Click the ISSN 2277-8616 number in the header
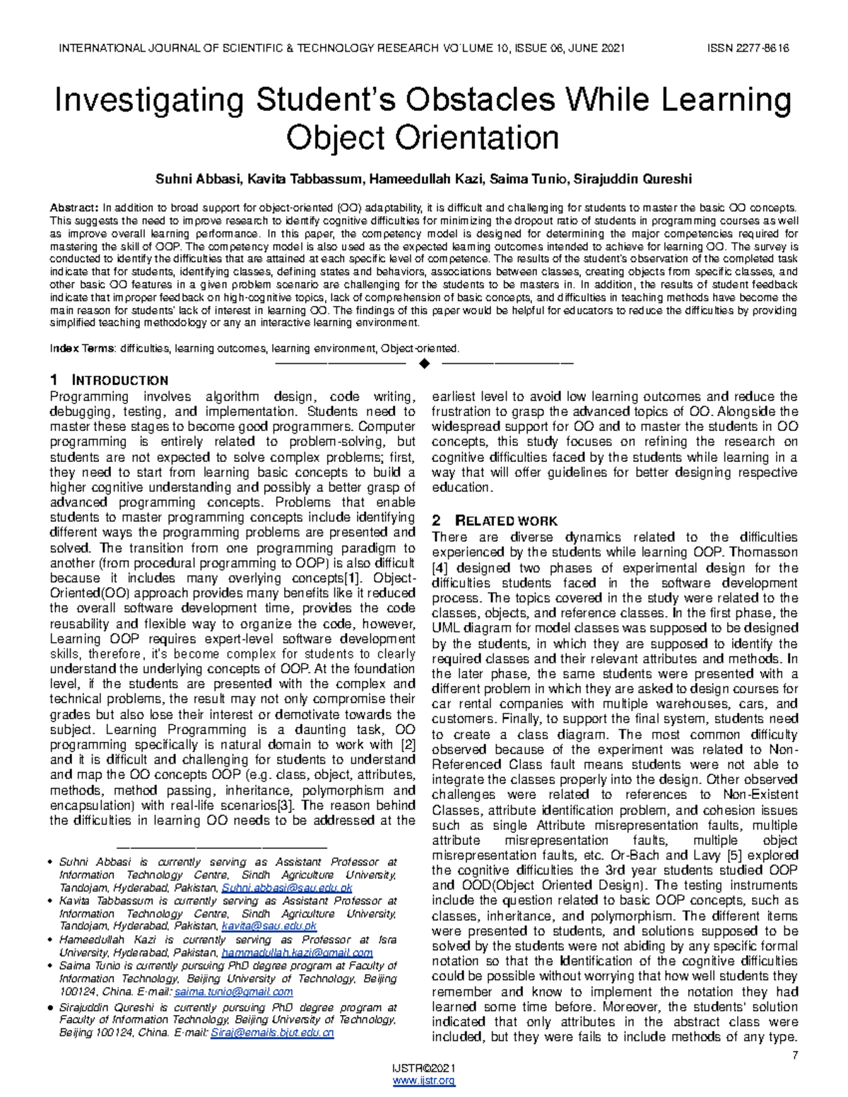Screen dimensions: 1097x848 coord(748,48)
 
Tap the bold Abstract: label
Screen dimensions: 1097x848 coord(74,208)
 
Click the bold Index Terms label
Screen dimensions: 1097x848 coord(81,348)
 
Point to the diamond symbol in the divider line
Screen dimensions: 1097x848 coord(424,364)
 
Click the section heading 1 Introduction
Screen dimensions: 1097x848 coord(109,381)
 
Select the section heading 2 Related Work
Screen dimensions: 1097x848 coord(494,521)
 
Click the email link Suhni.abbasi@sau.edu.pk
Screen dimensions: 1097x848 coord(286,888)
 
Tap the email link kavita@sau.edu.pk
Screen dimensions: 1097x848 coord(269,926)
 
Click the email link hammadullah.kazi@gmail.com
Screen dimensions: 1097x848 coord(297,953)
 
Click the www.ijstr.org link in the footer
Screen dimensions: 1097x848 coord(424,1081)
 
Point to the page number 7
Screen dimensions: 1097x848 coord(795,1056)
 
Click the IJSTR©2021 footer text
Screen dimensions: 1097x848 coord(424,1067)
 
